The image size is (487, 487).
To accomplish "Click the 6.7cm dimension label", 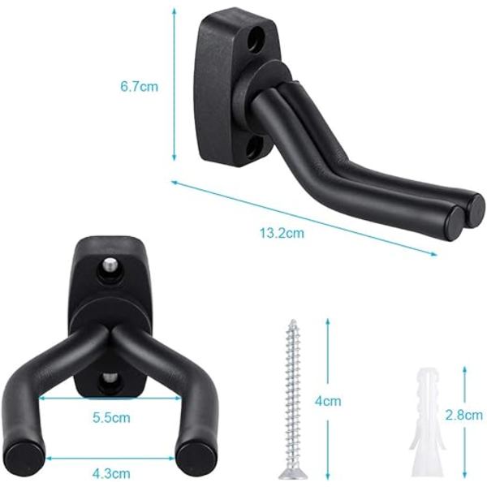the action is [139, 86].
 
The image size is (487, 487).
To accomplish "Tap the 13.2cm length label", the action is [282, 233].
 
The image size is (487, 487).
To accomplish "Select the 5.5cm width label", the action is [111, 417].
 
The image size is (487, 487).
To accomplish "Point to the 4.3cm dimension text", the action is [111, 473].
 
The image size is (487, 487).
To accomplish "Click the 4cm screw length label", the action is [328, 401].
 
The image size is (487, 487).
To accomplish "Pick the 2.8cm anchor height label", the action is [464, 415].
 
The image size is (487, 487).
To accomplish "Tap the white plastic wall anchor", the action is [427, 422].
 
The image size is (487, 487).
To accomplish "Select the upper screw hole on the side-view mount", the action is [256, 37].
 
